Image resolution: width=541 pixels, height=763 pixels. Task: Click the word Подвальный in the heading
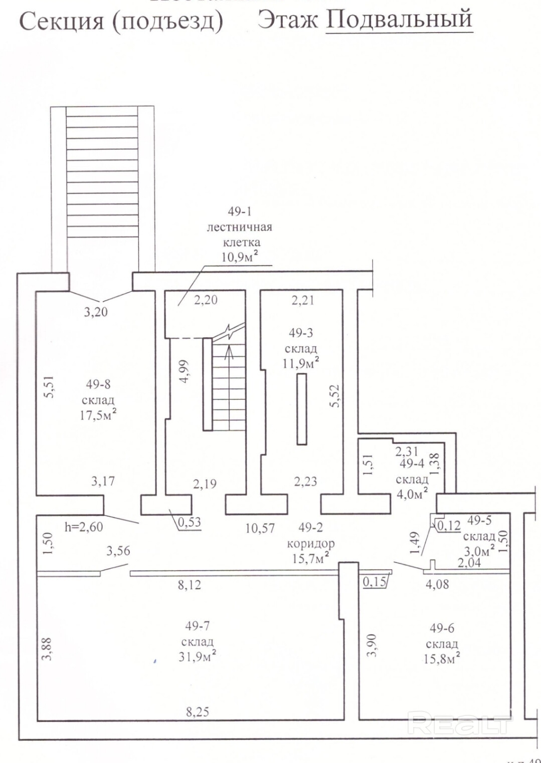point(399,19)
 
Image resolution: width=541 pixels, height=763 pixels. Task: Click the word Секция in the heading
point(62,21)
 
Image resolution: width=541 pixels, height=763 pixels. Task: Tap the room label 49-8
point(98,384)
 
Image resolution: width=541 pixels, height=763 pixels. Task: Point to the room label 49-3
point(301,333)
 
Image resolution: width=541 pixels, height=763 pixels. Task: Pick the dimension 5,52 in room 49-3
point(335,396)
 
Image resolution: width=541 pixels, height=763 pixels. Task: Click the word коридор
point(310,543)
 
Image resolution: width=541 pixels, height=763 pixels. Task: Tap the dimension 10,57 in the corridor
point(260,528)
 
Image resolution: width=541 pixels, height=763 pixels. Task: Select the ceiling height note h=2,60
point(84,527)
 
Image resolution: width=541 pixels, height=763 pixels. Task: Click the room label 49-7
point(198,626)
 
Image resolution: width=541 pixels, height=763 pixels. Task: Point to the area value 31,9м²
point(197,656)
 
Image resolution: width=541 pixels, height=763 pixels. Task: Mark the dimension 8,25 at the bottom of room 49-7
point(198,711)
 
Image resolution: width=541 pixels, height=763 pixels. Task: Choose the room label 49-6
point(442,628)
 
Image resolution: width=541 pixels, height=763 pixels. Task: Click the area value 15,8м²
point(441,658)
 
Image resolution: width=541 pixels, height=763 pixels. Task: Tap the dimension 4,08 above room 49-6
point(437,584)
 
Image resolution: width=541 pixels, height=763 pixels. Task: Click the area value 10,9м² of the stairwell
point(240,257)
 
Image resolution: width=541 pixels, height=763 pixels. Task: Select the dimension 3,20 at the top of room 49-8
point(96,312)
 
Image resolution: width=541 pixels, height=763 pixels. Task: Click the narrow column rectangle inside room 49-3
point(301,409)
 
